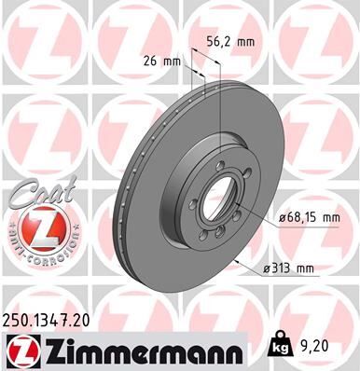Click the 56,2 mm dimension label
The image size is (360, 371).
click(x=228, y=41)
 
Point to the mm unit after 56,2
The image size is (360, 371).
click(x=244, y=41)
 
